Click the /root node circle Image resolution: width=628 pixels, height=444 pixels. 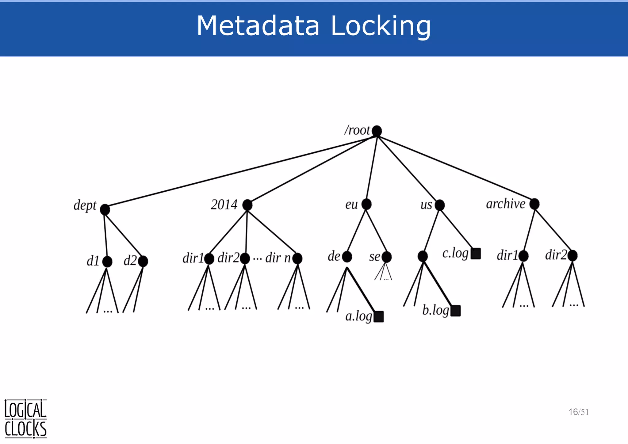click(x=377, y=131)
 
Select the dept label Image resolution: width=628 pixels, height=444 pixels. click(x=85, y=205)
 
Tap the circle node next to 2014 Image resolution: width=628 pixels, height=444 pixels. click(x=247, y=205)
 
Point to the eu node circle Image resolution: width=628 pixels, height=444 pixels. click(x=366, y=204)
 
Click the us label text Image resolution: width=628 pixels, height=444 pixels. click(x=426, y=205)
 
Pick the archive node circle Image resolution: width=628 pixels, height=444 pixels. click(x=534, y=204)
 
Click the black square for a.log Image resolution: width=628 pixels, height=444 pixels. click(x=379, y=317)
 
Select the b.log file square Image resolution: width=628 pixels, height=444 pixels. click(x=455, y=311)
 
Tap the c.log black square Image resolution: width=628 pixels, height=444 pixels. click(x=476, y=254)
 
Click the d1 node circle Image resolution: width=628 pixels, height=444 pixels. click(x=107, y=262)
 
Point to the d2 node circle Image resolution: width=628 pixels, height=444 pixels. click(x=143, y=261)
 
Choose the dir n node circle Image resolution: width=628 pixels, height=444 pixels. click(x=297, y=258)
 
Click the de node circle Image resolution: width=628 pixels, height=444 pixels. click(x=347, y=257)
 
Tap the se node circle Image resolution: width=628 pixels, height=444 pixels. click(x=386, y=257)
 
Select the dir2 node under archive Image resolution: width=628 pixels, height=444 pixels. click(x=572, y=255)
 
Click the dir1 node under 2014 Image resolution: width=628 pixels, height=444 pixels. click(x=209, y=259)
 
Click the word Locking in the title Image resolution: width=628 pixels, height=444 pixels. click(x=381, y=26)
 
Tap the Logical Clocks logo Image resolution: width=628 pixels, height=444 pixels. click(x=25, y=419)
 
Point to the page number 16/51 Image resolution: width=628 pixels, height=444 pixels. click(x=578, y=412)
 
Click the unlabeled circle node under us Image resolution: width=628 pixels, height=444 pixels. click(x=423, y=256)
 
